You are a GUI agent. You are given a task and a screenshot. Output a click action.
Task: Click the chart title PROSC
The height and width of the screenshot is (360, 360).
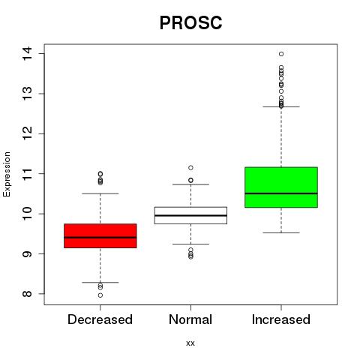pyautogui.click(x=190, y=22)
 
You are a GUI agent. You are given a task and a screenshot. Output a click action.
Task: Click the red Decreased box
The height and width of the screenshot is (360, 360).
pyautogui.click(x=100, y=235)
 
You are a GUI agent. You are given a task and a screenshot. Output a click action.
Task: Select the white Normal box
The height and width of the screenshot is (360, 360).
pyautogui.click(x=190, y=215)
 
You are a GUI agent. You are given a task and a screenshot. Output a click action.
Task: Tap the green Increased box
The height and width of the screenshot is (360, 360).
pyautogui.click(x=281, y=187)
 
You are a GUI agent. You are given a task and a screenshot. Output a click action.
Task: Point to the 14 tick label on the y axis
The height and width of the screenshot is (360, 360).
pyautogui.click(x=27, y=54)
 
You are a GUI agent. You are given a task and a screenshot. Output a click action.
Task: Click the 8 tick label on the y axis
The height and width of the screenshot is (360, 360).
pyautogui.click(x=27, y=294)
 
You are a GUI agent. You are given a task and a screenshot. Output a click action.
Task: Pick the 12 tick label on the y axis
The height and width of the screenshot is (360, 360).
pyautogui.click(x=27, y=133)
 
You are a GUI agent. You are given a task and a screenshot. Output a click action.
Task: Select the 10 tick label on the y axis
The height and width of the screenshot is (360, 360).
pyautogui.click(x=27, y=214)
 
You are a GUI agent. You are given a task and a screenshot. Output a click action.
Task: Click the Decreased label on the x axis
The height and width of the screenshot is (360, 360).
pyautogui.click(x=100, y=319)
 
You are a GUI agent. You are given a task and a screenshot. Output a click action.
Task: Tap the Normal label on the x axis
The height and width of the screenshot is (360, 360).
pyautogui.click(x=190, y=319)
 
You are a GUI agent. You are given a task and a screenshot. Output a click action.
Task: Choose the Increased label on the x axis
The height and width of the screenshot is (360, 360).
pyautogui.click(x=281, y=319)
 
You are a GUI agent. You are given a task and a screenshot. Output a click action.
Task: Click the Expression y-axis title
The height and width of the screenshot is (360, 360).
pyautogui.click(x=7, y=174)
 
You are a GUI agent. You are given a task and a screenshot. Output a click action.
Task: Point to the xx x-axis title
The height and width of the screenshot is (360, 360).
pyautogui.click(x=190, y=343)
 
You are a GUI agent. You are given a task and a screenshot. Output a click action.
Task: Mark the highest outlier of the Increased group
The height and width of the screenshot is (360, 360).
pyautogui.click(x=281, y=54)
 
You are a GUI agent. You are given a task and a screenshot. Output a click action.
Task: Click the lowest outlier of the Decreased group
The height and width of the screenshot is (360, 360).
pyautogui.click(x=100, y=295)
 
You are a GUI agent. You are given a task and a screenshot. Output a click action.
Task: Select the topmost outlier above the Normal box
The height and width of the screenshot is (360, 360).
pyautogui.click(x=190, y=168)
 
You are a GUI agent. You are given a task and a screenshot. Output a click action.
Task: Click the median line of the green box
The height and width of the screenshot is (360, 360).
pyautogui.click(x=281, y=193)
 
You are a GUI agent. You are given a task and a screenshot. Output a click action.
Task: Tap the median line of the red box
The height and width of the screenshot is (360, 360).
pyautogui.click(x=100, y=238)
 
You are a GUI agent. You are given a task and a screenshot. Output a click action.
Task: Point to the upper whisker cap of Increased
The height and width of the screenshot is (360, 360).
pyautogui.click(x=281, y=106)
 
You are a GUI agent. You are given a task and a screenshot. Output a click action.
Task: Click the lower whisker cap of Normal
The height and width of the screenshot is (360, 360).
pyautogui.click(x=190, y=244)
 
